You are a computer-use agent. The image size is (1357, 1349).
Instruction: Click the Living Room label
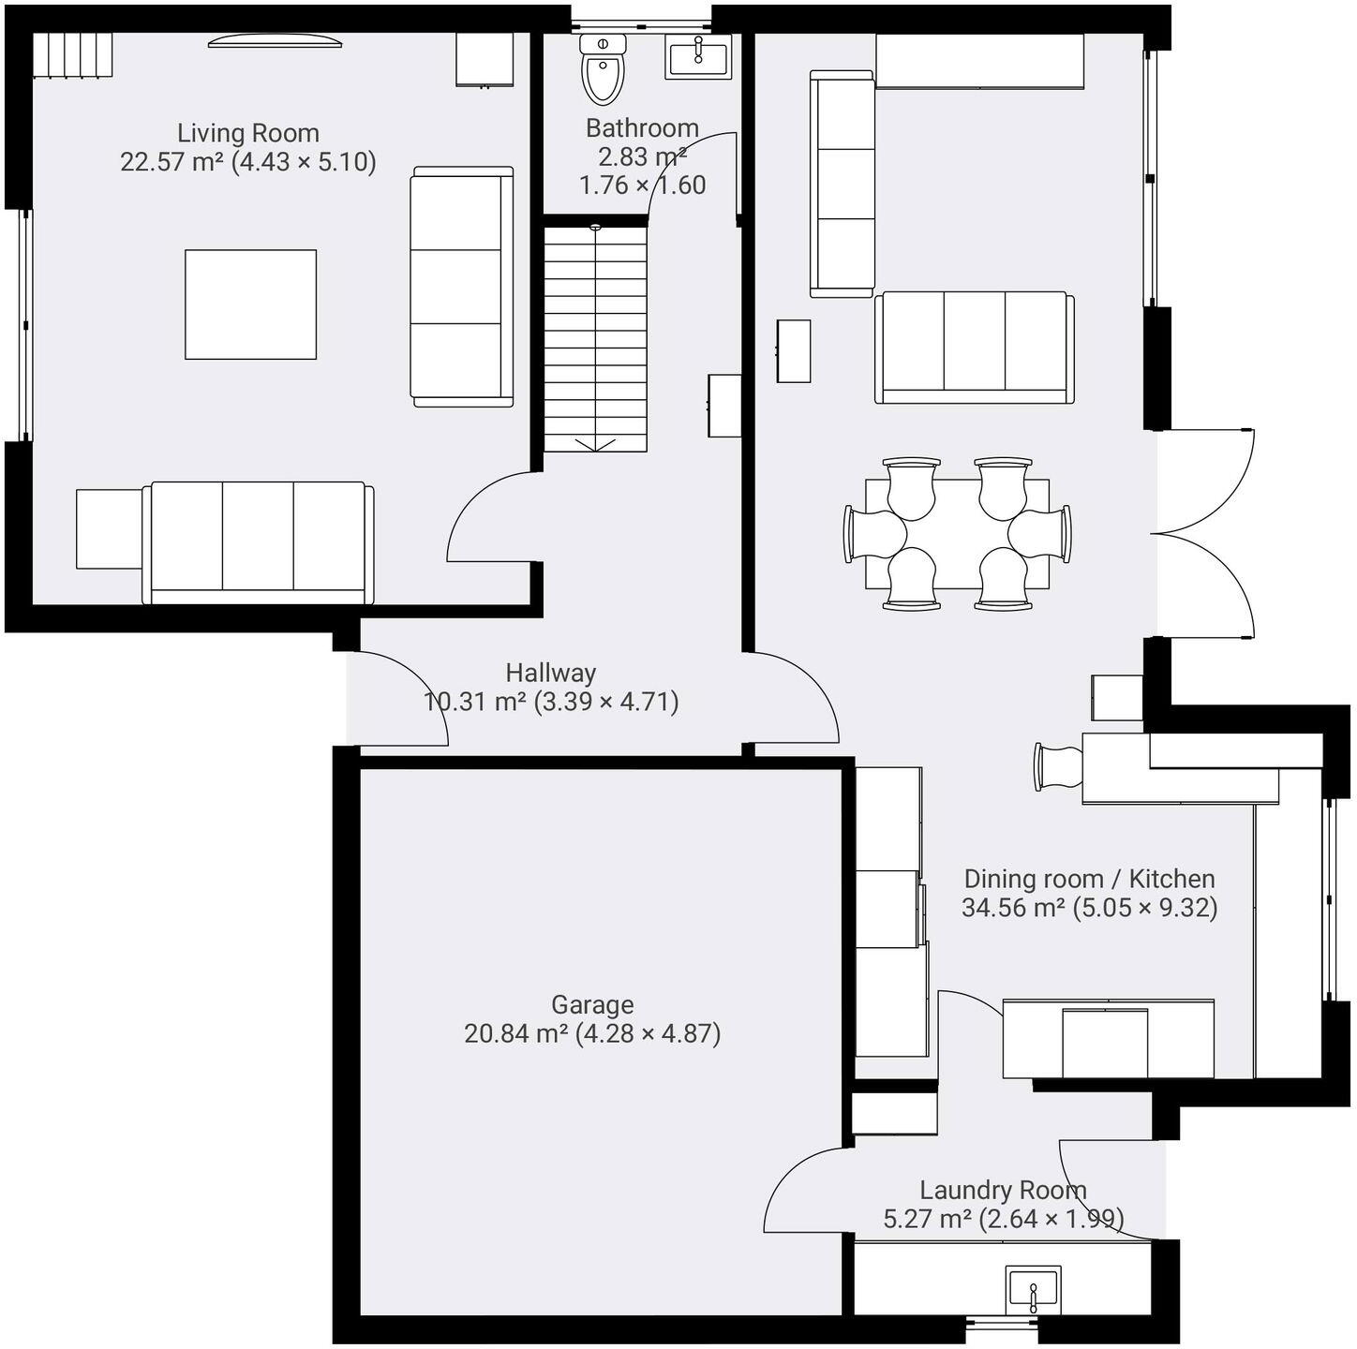tap(248, 133)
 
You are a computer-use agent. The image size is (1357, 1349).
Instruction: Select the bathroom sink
tap(698, 57)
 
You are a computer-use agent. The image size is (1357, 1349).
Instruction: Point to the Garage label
tap(592, 1005)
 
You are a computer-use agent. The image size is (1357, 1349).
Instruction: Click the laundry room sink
tap(1033, 1290)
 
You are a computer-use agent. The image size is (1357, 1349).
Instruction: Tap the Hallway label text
tap(551, 673)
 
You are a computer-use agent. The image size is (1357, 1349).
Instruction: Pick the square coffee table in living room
tap(250, 304)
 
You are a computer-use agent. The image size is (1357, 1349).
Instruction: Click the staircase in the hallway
tap(596, 337)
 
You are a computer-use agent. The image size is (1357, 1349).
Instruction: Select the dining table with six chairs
tap(957, 534)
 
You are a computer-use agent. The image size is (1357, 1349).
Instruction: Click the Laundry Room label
tap(1003, 1191)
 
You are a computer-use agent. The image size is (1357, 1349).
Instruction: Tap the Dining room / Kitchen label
tap(1089, 879)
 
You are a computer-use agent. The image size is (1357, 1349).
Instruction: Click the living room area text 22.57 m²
tap(172, 162)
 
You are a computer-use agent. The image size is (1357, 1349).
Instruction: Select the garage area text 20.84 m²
tap(516, 1034)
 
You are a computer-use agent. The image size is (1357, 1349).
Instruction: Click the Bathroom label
tap(642, 128)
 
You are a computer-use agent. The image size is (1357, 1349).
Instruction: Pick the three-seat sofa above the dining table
tap(975, 347)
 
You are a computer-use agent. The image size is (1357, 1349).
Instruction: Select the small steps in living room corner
tap(73, 55)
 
